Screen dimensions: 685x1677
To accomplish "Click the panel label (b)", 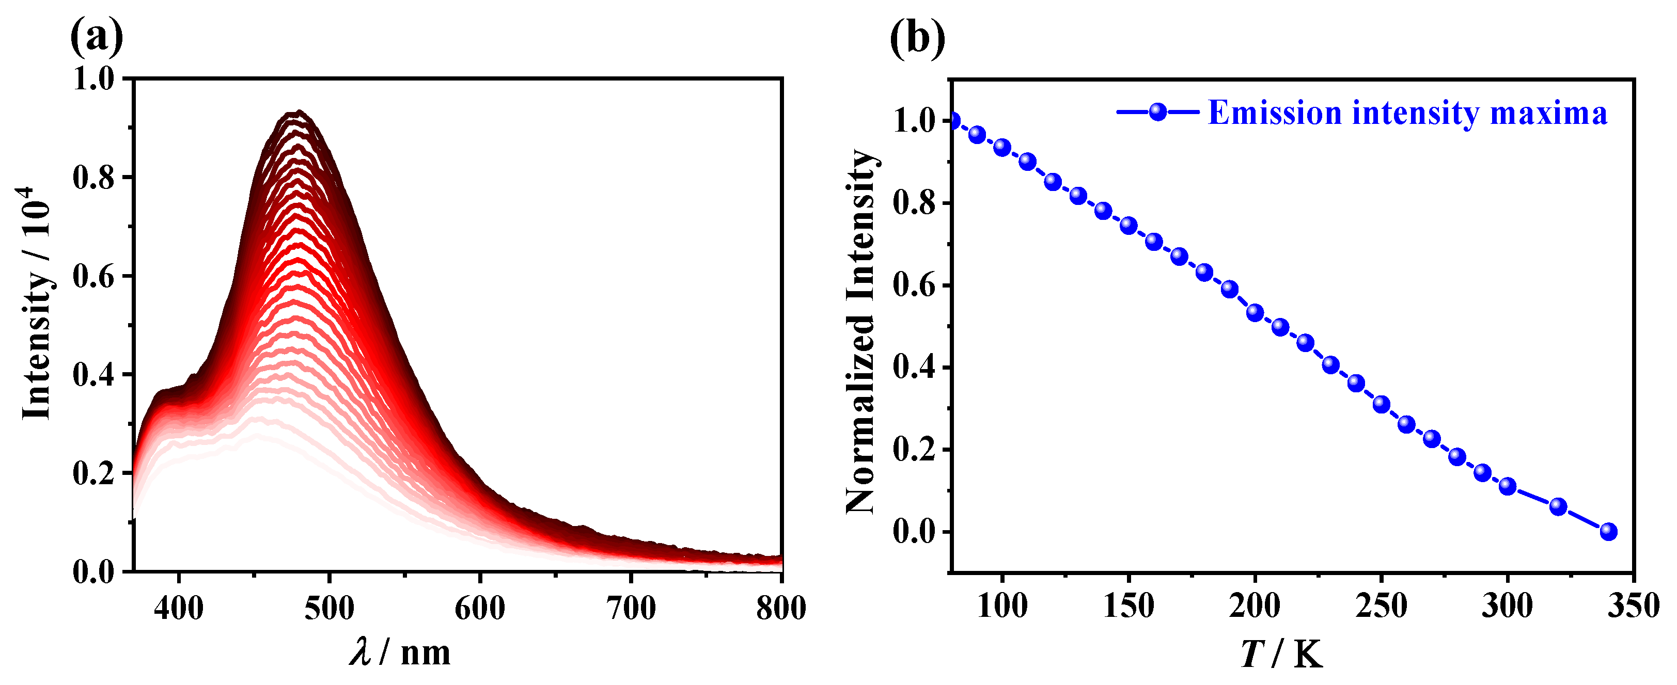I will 917,38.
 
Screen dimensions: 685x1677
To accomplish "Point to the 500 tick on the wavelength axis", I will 330,608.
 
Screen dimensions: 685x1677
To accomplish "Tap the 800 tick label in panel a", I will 780,608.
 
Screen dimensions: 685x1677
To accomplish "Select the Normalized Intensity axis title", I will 860,332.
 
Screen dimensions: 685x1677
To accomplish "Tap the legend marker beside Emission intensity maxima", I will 1157,112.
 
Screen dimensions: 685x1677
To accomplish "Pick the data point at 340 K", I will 1608,532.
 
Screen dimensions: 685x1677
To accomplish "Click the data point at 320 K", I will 1558,506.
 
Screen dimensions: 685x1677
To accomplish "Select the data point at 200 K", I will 1255,313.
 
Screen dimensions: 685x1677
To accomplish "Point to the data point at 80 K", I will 952,121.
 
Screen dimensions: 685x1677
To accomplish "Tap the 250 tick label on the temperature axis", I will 1381,607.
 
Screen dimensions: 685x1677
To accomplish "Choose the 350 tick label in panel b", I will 1633,607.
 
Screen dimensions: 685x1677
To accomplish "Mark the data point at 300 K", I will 1507,486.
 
